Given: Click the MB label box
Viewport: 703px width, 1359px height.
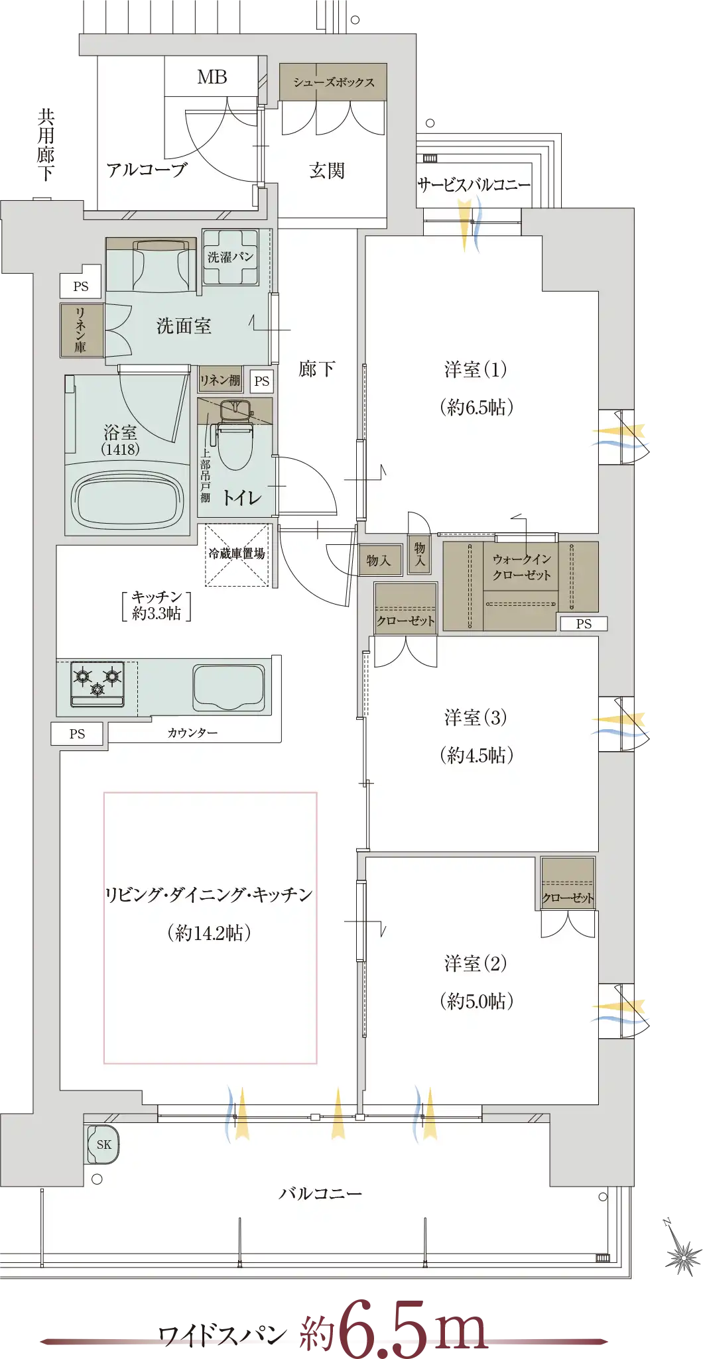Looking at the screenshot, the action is tap(212, 76).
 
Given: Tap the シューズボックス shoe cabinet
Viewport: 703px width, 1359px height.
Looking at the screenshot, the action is tap(333, 82).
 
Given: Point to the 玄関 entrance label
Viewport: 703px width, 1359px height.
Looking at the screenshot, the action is tap(327, 170).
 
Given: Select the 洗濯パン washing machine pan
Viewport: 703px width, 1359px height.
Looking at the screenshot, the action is tap(230, 257).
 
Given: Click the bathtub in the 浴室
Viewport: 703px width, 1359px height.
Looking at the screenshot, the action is tap(127, 498).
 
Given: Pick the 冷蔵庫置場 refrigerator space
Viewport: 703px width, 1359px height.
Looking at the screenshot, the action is tap(237, 555).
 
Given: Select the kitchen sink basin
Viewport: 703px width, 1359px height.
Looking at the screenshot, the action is tap(229, 687).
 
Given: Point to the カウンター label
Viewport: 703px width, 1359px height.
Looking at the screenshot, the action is tap(192, 733).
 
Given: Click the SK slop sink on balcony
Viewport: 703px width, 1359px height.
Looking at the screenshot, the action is tap(103, 1144).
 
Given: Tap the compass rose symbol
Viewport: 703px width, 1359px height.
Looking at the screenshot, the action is tap(681, 1248).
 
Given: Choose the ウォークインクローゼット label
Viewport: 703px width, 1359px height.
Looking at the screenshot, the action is tap(521, 567).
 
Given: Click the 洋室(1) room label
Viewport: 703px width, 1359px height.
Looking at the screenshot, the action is tap(476, 369).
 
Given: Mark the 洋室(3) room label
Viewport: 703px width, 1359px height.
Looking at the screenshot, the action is tap(476, 717).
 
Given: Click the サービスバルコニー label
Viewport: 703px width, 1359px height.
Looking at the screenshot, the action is tap(474, 185).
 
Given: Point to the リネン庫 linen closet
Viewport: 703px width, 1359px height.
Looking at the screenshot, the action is tap(81, 330).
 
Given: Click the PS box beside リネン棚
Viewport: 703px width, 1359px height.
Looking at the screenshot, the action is tap(262, 381).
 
